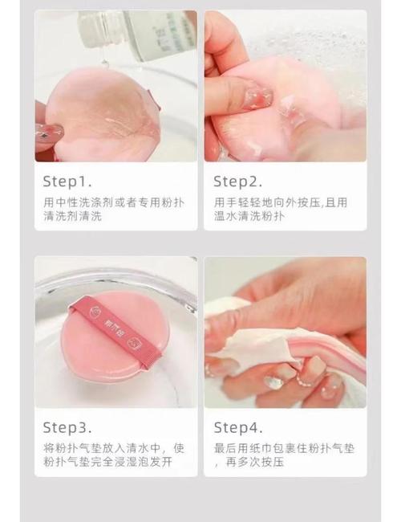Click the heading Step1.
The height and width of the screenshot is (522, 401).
coord(67,181)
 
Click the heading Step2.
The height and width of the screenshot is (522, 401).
coord(237,181)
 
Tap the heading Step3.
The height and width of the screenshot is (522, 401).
coord(67,428)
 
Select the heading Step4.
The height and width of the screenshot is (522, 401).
coord(238,428)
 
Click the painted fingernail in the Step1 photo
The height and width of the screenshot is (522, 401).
coord(50,133)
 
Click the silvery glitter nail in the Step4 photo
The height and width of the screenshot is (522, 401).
coord(273,382)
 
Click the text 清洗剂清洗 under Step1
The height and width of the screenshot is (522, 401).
coord(72,216)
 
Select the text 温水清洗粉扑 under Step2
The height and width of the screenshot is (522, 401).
coord(249,216)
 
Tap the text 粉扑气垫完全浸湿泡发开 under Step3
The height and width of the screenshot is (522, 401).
coord(108,462)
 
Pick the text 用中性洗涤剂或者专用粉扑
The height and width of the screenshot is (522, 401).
coord(114,202)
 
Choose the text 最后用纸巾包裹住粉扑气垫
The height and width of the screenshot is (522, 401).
coord(284,448)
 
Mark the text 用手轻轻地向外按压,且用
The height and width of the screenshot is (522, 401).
coord(281,202)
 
